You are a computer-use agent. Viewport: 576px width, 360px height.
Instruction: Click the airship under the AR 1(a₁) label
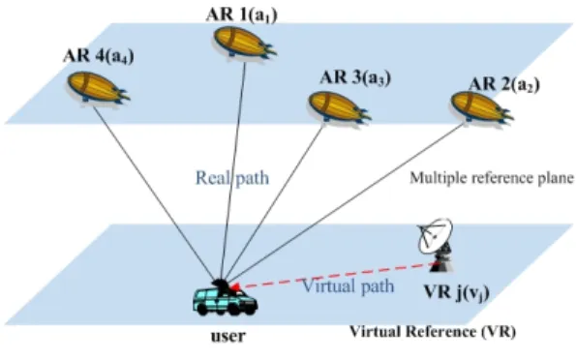pos(245,43)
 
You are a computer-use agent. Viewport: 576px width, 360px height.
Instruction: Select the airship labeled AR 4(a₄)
pos(99,87)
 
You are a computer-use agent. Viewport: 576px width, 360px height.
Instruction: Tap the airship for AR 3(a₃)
pos(340,106)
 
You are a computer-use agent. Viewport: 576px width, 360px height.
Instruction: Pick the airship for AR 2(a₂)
pos(482,106)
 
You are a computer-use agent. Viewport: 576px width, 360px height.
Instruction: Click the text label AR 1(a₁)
pos(241,15)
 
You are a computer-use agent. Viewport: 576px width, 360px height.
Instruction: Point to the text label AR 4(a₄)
pos(99,56)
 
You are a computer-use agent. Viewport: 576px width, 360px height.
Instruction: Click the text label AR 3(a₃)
pos(355,77)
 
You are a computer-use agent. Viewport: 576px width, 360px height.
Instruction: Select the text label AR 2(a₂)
pos(504,85)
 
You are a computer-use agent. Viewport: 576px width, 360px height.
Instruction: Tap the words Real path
pos(232,178)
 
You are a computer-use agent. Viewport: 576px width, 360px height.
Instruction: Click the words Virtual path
pos(348,285)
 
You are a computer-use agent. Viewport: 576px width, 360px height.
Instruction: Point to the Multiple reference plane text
pos(492,178)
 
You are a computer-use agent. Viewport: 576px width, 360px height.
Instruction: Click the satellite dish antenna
pos(436,245)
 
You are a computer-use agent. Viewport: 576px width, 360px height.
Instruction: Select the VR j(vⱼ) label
pos(457,293)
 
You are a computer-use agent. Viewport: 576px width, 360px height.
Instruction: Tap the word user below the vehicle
pos(228,336)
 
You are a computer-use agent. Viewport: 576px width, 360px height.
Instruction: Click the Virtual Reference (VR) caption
pos(433,332)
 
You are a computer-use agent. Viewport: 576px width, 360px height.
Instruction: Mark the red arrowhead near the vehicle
pos(235,286)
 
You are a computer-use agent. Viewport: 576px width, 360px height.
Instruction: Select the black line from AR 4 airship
pos(155,194)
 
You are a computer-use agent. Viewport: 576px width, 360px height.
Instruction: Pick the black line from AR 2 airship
pos(346,203)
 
